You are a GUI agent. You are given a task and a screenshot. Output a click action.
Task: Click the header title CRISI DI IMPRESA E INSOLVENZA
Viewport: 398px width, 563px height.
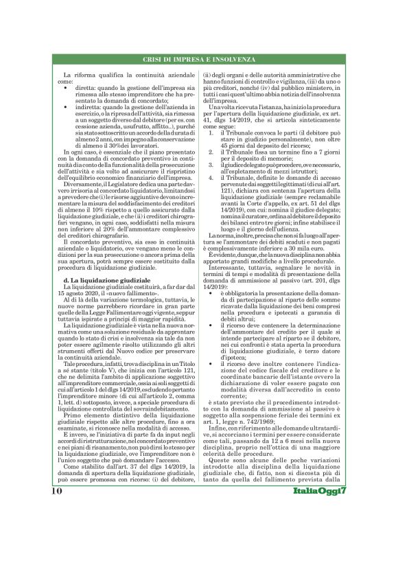(x=198, y=60)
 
